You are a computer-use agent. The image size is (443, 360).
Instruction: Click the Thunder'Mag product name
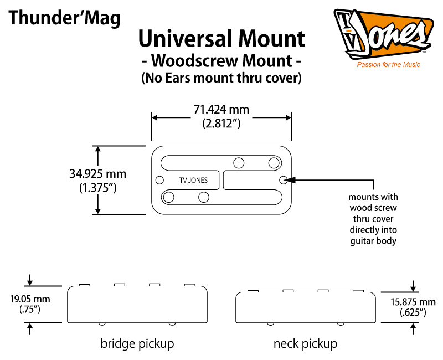click(64, 18)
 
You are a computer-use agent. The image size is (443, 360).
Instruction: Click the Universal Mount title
click(221, 39)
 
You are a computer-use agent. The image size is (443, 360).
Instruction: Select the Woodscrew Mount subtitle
click(221, 60)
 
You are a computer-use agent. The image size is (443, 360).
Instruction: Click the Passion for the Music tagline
click(388, 65)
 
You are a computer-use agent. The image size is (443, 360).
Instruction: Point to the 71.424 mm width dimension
click(221, 110)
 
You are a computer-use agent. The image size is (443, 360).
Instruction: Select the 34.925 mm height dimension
click(98, 174)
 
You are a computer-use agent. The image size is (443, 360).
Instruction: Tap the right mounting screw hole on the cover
click(284, 180)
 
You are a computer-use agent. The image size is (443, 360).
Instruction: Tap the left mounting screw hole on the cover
click(159, 180)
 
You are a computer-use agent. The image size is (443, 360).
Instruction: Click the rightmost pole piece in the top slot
click(274, 163)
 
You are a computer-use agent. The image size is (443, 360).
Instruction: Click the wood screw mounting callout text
click(373, 219)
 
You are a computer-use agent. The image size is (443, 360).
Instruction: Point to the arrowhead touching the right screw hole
click(292, 180)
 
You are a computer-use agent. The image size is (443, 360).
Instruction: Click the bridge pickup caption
click(137, 343)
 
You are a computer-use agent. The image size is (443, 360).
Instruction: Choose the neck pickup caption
click(305, 343)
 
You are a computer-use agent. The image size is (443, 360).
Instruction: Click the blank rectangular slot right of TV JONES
click(250, 179)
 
